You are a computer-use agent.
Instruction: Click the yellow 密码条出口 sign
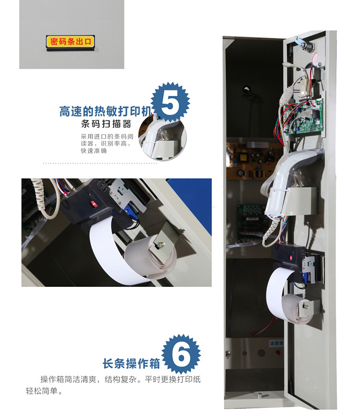[x=70, y=42]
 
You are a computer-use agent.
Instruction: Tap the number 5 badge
[x=170, y=102]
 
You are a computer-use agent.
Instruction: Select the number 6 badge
[x=181, y=354]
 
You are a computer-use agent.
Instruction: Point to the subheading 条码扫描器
[x=106, y=124]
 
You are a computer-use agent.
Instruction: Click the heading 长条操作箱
[x=132, y=363]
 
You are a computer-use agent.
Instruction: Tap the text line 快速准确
[x=94, y=151]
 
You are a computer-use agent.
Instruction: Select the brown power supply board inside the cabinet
[x=252, y=161]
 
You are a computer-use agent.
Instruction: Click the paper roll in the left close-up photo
[x=150, y=254]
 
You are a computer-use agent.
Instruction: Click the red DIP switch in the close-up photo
[x=93, y=204]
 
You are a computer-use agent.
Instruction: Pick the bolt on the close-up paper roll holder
[x=160, y=245]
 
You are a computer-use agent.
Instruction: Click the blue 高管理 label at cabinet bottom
[x=276, y=344]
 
